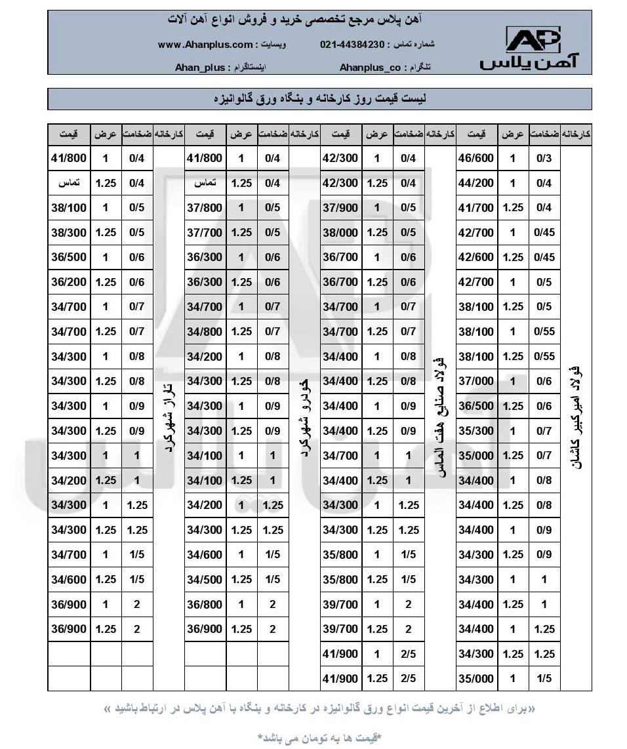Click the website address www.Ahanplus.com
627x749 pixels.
pyautogui.click(x=205, y=45)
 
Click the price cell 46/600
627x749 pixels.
pyautogui.click(x=475, y=158)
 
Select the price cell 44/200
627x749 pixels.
pyautogui.click(x=475, y=183)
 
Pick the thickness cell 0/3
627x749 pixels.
pyautogui.click(x=544, y=158)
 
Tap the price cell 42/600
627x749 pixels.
pyautogui.click(x=475, y=257)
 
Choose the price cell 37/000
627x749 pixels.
pyautogui.click(x=475, y=381)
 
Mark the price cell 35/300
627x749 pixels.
pyautogui.click(x=475, y=431)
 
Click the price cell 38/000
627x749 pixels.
pyautogui.click(x=340, y=232)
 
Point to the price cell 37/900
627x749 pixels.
pyautogui.click(x=340, y=208)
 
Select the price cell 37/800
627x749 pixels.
pyautogui.click(x=205, y=208)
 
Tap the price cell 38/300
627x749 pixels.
pyautogui.click(x=69, y=232)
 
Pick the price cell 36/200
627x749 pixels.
pyautogui.click(x=69, y=282)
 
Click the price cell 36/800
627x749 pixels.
pyautogui.click(x=205, y=604)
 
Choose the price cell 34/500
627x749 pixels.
pyautogui.click(x=205, y=579)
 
